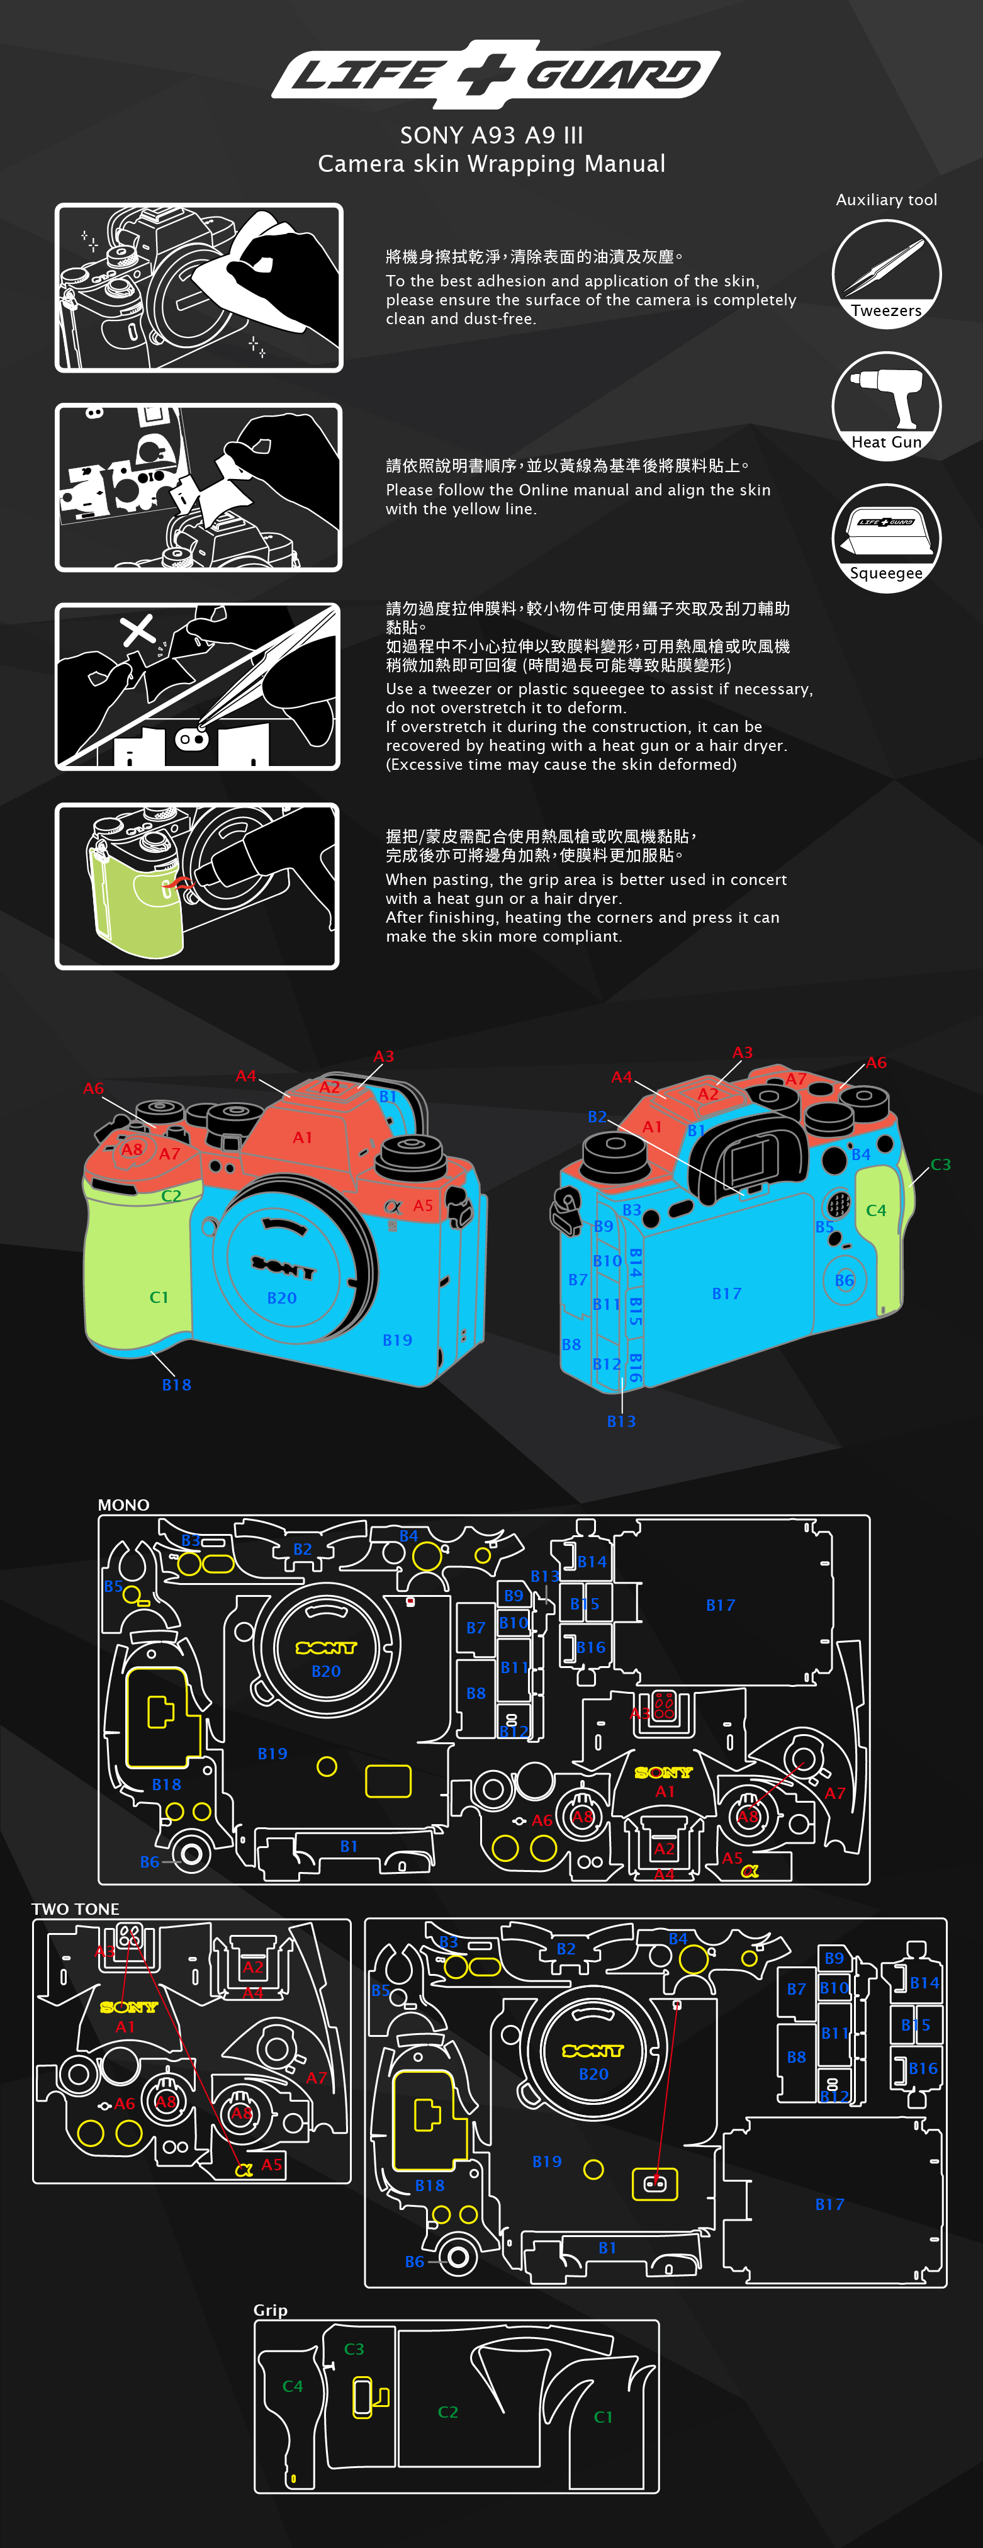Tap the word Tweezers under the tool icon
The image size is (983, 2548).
886,310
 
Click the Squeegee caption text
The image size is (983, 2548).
886,573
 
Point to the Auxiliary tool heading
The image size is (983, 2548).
886,200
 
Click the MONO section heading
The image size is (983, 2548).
123,1504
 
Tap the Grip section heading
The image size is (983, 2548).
270,2309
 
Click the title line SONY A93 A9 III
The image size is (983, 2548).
491,135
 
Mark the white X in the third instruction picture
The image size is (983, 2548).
137,630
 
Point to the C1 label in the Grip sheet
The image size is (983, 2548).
604,2416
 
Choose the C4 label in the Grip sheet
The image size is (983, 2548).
293,2386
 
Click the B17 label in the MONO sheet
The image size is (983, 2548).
721,1605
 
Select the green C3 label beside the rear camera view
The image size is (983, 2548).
940,1165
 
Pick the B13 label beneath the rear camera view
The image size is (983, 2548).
621,1421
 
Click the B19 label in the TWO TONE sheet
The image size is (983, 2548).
547,2162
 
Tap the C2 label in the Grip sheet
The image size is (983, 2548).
448,2411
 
